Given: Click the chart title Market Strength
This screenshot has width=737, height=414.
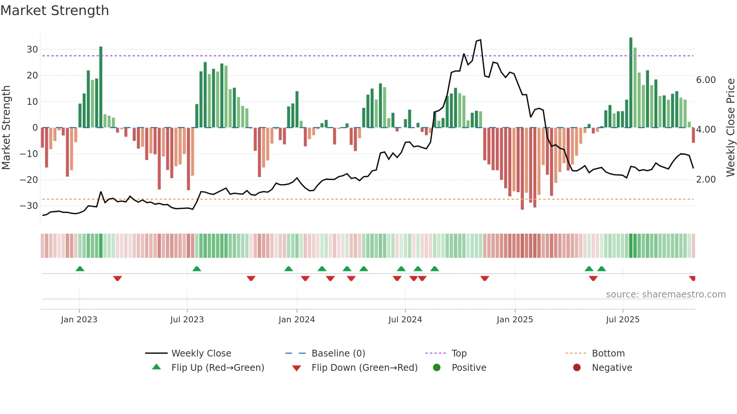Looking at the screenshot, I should (55, 11).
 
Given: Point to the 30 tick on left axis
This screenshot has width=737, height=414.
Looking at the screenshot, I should (32, 50).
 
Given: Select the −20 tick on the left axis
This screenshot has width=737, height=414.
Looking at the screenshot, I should (29, 180).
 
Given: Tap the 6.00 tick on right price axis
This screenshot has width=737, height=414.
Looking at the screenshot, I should (706, 80).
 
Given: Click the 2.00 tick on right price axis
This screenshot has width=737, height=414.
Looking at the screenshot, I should (706, 180).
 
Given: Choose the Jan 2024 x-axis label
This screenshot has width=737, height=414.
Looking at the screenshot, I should (297, 320).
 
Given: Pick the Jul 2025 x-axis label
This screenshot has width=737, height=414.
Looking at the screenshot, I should (623, 320).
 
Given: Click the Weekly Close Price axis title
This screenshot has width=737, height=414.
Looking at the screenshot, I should (730, 127).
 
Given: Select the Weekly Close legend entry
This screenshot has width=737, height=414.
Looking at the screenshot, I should (201, 354).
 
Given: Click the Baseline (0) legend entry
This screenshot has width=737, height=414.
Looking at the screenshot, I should (338, 354).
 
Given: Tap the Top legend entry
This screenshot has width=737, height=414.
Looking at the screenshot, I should (459, 354).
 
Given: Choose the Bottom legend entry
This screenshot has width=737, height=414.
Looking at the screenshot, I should (608, 354).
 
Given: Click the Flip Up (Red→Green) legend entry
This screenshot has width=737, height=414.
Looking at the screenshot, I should (218, 368).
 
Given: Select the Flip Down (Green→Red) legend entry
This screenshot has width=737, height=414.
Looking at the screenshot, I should (364, 368).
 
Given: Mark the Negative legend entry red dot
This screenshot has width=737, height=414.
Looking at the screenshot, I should (577, 368).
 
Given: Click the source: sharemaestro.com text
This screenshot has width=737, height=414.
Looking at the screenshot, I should (666, 295).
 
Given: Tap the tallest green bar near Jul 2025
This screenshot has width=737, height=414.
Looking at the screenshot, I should (631, 83).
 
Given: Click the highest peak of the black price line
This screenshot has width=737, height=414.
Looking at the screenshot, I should (481, 40).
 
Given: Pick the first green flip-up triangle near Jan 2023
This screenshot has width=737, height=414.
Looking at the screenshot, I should (80, 269).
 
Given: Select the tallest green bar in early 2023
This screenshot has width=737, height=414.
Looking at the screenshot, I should (101, 86).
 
